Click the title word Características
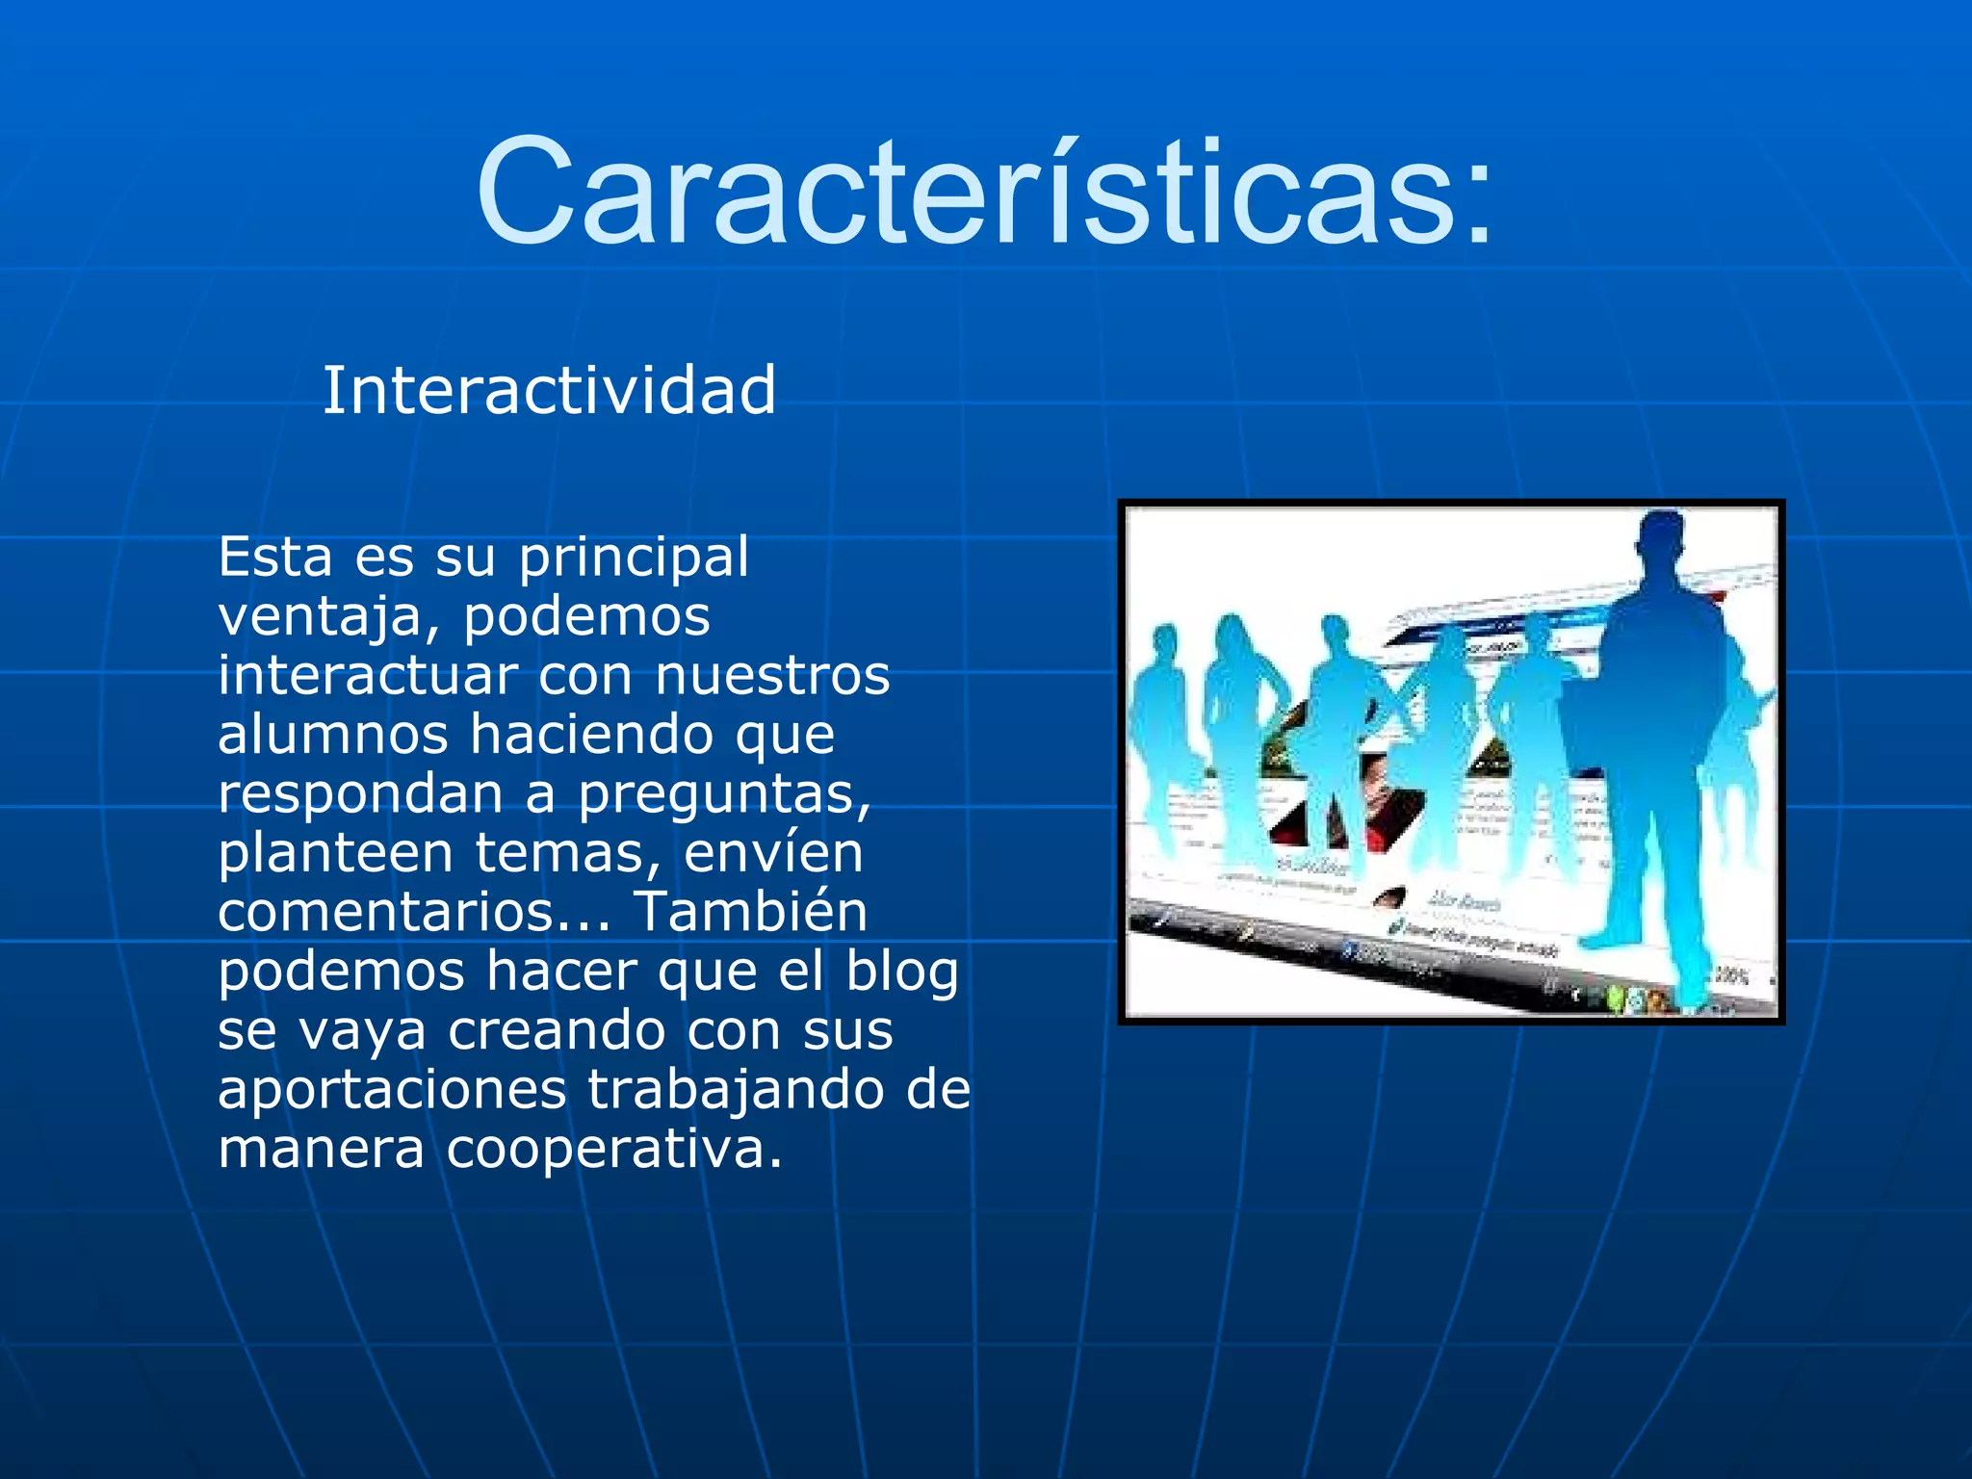(968, 193)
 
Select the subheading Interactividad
(549, 391)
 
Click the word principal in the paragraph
(634, 558)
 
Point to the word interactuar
(368, 675)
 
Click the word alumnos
(332, 735)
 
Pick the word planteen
(335, 854)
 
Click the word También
(750, 912)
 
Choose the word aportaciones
(392, 1091)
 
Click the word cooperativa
(613, 1150)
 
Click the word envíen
(773, 853)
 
